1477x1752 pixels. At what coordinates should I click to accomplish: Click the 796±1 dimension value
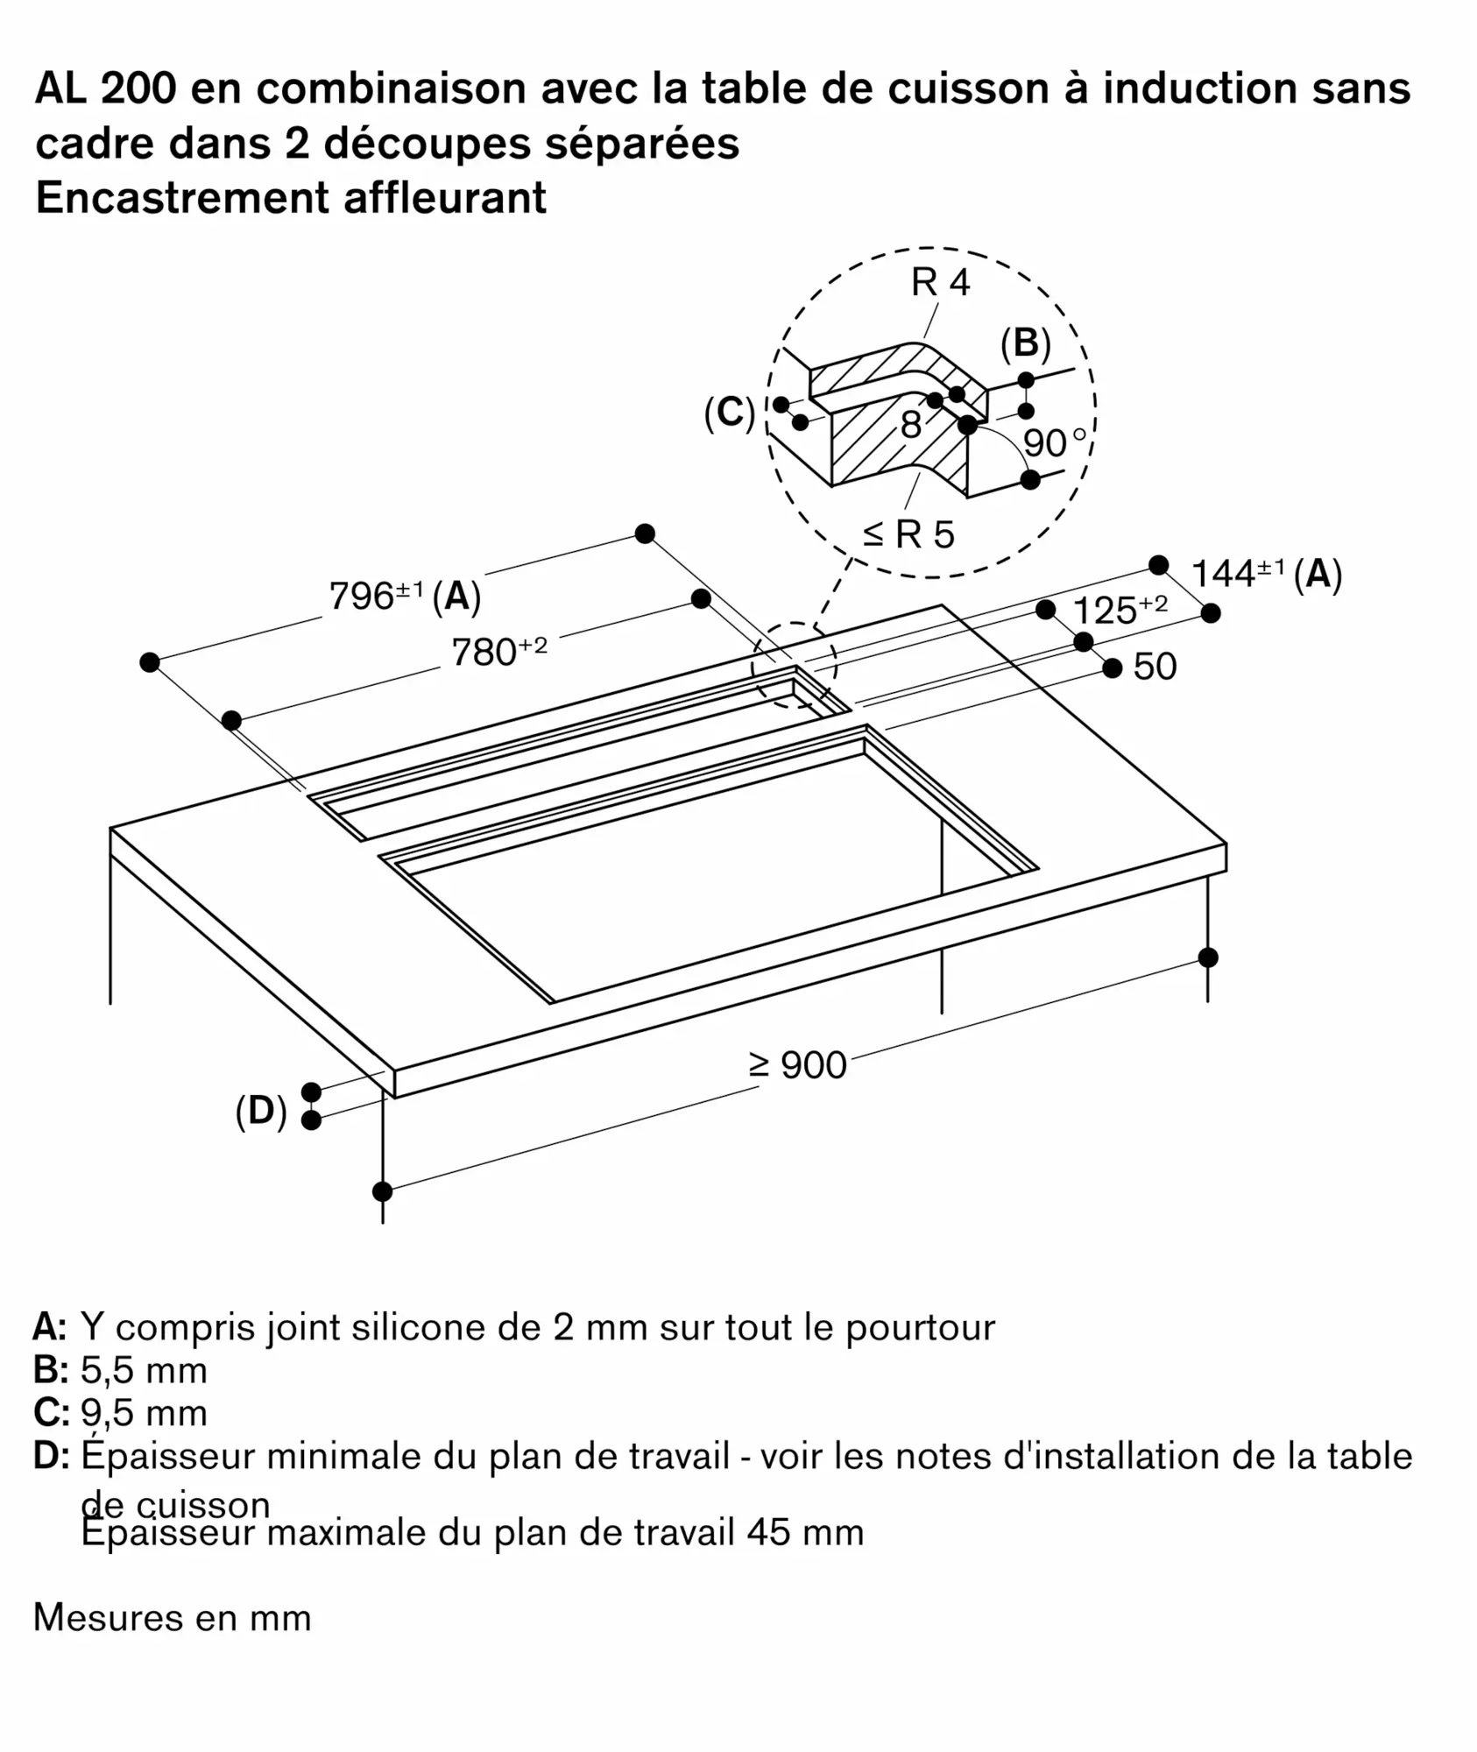375,597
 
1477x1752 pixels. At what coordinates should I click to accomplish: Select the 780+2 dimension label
498,653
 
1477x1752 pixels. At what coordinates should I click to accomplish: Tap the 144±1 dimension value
1237,574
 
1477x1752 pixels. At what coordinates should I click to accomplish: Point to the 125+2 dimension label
1119,611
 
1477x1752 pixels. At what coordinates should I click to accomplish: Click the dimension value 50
1154,667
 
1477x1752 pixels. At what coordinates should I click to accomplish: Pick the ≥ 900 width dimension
797,1065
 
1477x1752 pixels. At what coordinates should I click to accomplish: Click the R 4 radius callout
940,283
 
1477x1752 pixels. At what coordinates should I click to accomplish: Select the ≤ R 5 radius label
908,534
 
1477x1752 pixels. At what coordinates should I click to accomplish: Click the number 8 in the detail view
911,427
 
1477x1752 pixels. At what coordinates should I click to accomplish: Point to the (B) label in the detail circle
1025,343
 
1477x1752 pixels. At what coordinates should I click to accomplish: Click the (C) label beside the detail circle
729,413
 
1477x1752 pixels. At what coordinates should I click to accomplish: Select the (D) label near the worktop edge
261,1112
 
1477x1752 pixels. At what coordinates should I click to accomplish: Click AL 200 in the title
105,89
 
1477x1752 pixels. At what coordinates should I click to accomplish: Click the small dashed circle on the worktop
794,665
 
